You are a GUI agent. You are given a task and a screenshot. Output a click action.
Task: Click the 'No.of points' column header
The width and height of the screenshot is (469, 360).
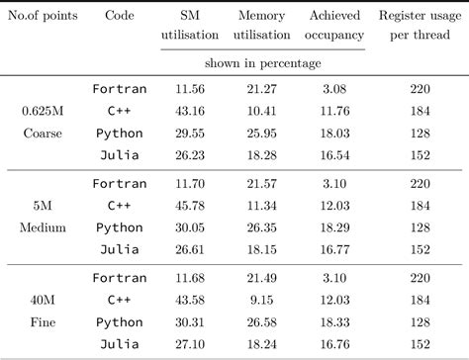click(43, 16)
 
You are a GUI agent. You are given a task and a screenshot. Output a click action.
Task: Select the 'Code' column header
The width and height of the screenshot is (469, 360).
click(120, 15)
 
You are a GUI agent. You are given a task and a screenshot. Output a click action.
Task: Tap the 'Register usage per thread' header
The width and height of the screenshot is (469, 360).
click(420, 25)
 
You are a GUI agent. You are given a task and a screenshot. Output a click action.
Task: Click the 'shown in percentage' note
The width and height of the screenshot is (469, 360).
click(262, 63)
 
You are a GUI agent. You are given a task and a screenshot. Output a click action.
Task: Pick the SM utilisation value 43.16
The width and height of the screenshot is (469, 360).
click(190, 111)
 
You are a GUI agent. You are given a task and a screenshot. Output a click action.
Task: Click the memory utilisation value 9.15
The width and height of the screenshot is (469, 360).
click(262, 300)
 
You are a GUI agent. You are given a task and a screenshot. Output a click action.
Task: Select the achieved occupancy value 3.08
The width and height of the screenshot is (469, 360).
click(334, 89)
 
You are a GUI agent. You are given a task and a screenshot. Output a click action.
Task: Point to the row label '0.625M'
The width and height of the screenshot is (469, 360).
click(43, 111)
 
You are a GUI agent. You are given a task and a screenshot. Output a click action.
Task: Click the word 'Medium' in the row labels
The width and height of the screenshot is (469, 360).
click(43, 227)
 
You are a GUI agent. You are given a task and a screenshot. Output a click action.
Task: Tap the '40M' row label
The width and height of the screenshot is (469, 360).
click(43, 300)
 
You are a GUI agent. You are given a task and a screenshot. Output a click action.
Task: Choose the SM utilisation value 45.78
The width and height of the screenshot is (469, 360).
click(190, 206)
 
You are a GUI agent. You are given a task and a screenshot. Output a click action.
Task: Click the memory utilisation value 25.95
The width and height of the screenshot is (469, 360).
click(262, 134)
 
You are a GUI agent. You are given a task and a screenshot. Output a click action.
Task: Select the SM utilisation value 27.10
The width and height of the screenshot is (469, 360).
click(190, 344)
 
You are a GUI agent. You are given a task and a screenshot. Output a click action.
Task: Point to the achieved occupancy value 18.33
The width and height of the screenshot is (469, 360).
click(334, 322)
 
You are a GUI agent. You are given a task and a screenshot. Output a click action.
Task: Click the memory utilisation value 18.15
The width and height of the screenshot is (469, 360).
click(262, 249)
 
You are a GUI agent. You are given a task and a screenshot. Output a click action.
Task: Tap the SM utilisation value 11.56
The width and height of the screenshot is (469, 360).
click(190, 89)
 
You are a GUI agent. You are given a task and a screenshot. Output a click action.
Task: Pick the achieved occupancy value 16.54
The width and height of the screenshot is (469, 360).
click(334, 155)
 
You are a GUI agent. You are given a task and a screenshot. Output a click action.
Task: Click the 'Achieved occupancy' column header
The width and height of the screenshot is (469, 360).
click(334, 25)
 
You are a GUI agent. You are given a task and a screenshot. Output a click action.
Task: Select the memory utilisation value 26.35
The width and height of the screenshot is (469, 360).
click(262, 227)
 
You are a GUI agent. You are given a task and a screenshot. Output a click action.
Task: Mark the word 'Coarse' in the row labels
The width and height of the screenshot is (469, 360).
click(43, 134)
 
